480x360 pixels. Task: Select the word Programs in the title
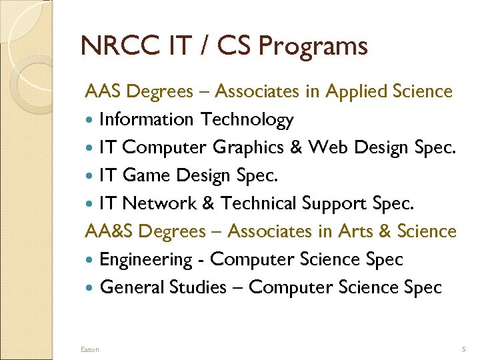click(313, 46)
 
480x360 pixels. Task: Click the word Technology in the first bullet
click(247, 120)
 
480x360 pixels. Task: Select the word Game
click(148, 175)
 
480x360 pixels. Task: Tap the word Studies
click(197, 287)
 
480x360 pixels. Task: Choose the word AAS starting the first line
click(103, 91)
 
